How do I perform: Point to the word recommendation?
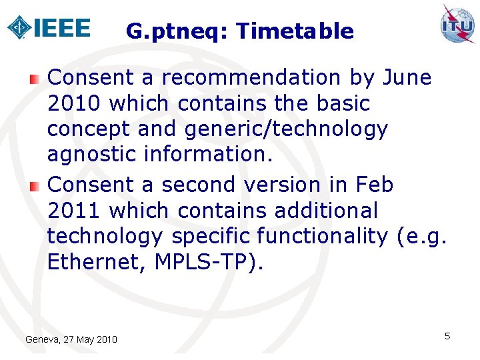click(x=251, y=77)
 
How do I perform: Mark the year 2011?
click(x=74, y=211)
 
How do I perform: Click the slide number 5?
click(x=447, y=336)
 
